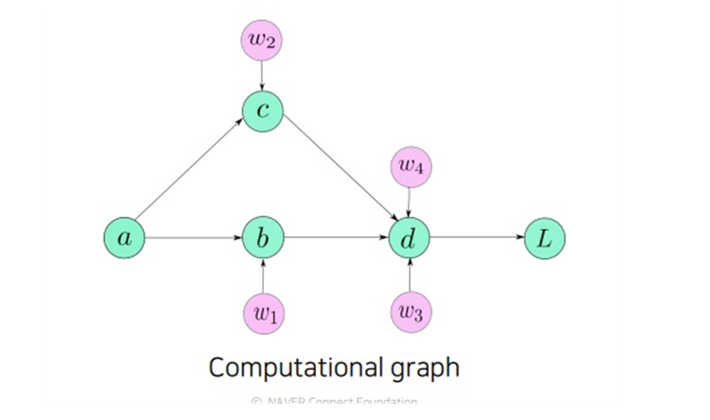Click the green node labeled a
(x=124, y=237)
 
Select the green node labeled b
(x=263, y=237)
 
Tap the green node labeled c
(x=263, y=112)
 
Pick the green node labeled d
(x=409, y=237)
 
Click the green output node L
(x=545, y=237)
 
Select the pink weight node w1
(x=264, y=313)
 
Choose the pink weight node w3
(x=411, y=313)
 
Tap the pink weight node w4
(x=411, y=166)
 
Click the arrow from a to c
(x=189, y=174)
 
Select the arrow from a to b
(x=194, y=237)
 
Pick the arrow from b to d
(x=337, y=237)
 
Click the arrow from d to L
(x=477, y=237)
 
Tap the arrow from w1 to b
(x=263, y=276)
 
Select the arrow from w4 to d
(x=409, y=202)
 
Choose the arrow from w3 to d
(x=410, y=276)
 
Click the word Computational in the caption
(x=295, y=367)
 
